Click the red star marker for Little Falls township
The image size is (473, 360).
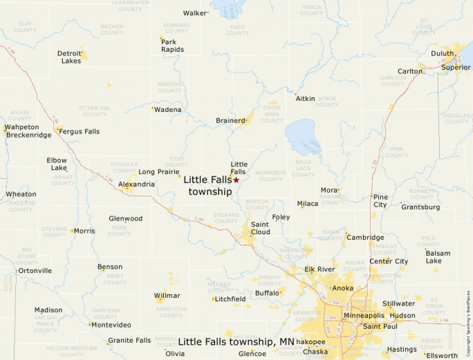pos(236,180)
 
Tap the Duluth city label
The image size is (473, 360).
pos(443,53)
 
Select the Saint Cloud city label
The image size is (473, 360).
pos(260,228)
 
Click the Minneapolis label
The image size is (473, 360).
pos(364,316)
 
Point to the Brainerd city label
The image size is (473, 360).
pos(230,120)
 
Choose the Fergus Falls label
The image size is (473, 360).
pos(80,131)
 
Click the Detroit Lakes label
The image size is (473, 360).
pos(69,57)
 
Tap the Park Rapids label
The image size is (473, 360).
pos(172,46)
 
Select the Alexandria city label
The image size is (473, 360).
pos(136,184)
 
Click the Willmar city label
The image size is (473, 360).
pos(167,296)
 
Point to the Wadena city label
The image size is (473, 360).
pos(168,110)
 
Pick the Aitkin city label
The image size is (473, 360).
pos(305,99)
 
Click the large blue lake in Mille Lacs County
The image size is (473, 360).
pos(304,135)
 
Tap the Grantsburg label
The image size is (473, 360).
pos(420,207)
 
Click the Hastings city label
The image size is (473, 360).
pos(401,350)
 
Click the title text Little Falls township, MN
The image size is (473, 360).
pos(236,341)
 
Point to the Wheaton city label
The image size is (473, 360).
pos(21,194)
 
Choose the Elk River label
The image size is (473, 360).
pos(319,269)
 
